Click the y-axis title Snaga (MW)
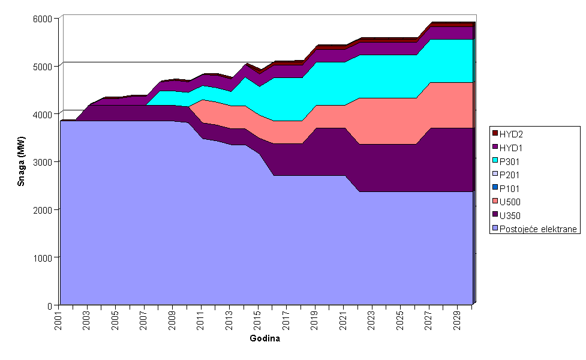21,160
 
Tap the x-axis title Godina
265,338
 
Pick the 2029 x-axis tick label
458,319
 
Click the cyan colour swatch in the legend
495,161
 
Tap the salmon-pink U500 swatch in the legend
495,202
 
